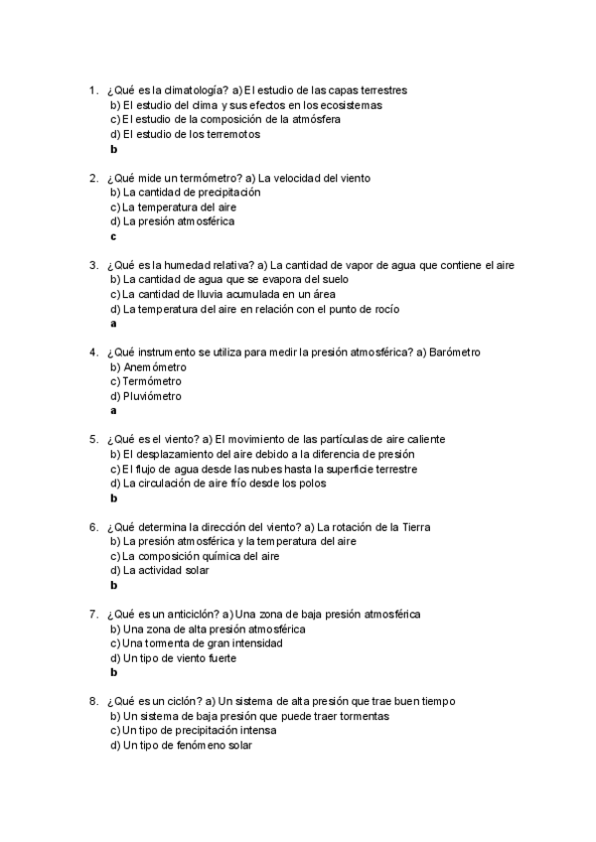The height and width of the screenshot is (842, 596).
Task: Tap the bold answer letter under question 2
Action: pos(113,236)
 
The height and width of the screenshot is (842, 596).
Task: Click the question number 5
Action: pos(92,440)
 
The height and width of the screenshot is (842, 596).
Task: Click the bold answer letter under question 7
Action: pos(114,673)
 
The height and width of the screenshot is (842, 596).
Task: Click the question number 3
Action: pos(92,265)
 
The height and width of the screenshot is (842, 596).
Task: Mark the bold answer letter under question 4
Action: pos(113,411)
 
